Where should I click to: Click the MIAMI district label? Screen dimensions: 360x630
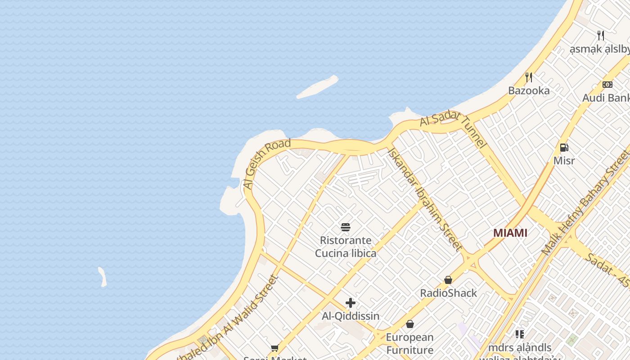click(x=510, y=233)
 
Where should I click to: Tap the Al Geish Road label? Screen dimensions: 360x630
click(x=266, y=164)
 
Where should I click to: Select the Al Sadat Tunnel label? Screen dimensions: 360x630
click(x=454, y=130)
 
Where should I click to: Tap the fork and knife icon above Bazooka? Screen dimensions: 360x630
click(x=529, y=77)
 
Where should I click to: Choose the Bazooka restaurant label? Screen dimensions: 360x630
click(x=529, y=90)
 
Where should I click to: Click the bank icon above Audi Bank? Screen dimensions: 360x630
click(x=607, y=85)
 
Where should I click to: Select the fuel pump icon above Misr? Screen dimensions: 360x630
click(x=564, y=148)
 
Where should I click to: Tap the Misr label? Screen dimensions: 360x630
click(x=564, y=161)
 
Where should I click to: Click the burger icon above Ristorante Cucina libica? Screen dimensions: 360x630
click(x=346, y=227)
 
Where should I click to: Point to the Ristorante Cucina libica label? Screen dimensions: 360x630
click(x=346, y=247)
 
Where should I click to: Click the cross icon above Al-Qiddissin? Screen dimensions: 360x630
click(x=351, y=303)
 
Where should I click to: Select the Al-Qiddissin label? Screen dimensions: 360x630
click(x=351, y=316)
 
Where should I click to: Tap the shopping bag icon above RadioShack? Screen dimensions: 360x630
click(x=448, y=280)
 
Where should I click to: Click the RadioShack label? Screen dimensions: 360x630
click(x=448, y=293)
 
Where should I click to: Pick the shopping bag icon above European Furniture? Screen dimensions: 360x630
click(x=410, y=324)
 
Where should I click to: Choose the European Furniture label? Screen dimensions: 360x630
click(x=409, y=343)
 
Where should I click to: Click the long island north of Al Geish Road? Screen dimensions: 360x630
click(x=318, y=87)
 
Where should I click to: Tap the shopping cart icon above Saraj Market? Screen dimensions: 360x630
click(x=274, y=348)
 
